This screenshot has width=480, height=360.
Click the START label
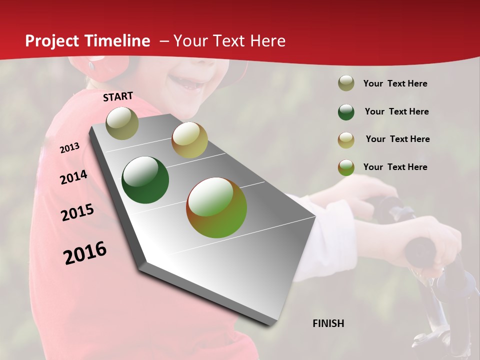[118, 96]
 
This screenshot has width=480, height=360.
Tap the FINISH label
[328, 323]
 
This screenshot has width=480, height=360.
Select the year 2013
[69, 148]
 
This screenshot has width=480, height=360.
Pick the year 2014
[73, 177]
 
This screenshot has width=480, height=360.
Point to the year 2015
[77, 212]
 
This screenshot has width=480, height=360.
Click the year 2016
[85, 253]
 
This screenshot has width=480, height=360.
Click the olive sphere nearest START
[122, 123]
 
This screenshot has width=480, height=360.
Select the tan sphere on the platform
[189, 140]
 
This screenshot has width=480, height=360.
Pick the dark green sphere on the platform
[145, 180]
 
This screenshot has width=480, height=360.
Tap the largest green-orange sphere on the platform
[216, 207]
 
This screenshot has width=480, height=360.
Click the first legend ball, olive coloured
[346, 83]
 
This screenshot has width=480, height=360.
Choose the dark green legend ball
[346, 112]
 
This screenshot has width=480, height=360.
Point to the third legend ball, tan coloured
[346, 139]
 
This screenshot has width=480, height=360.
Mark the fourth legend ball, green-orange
[346, 167]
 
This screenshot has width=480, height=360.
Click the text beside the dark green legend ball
[396, 111]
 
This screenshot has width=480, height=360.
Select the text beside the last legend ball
[395, 167]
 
